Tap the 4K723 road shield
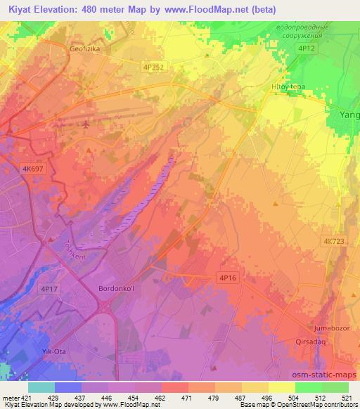tap(334, 241)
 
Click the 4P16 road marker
tap(226, 278)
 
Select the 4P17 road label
tap(49, 289)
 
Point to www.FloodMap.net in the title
tap(214, 9)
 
